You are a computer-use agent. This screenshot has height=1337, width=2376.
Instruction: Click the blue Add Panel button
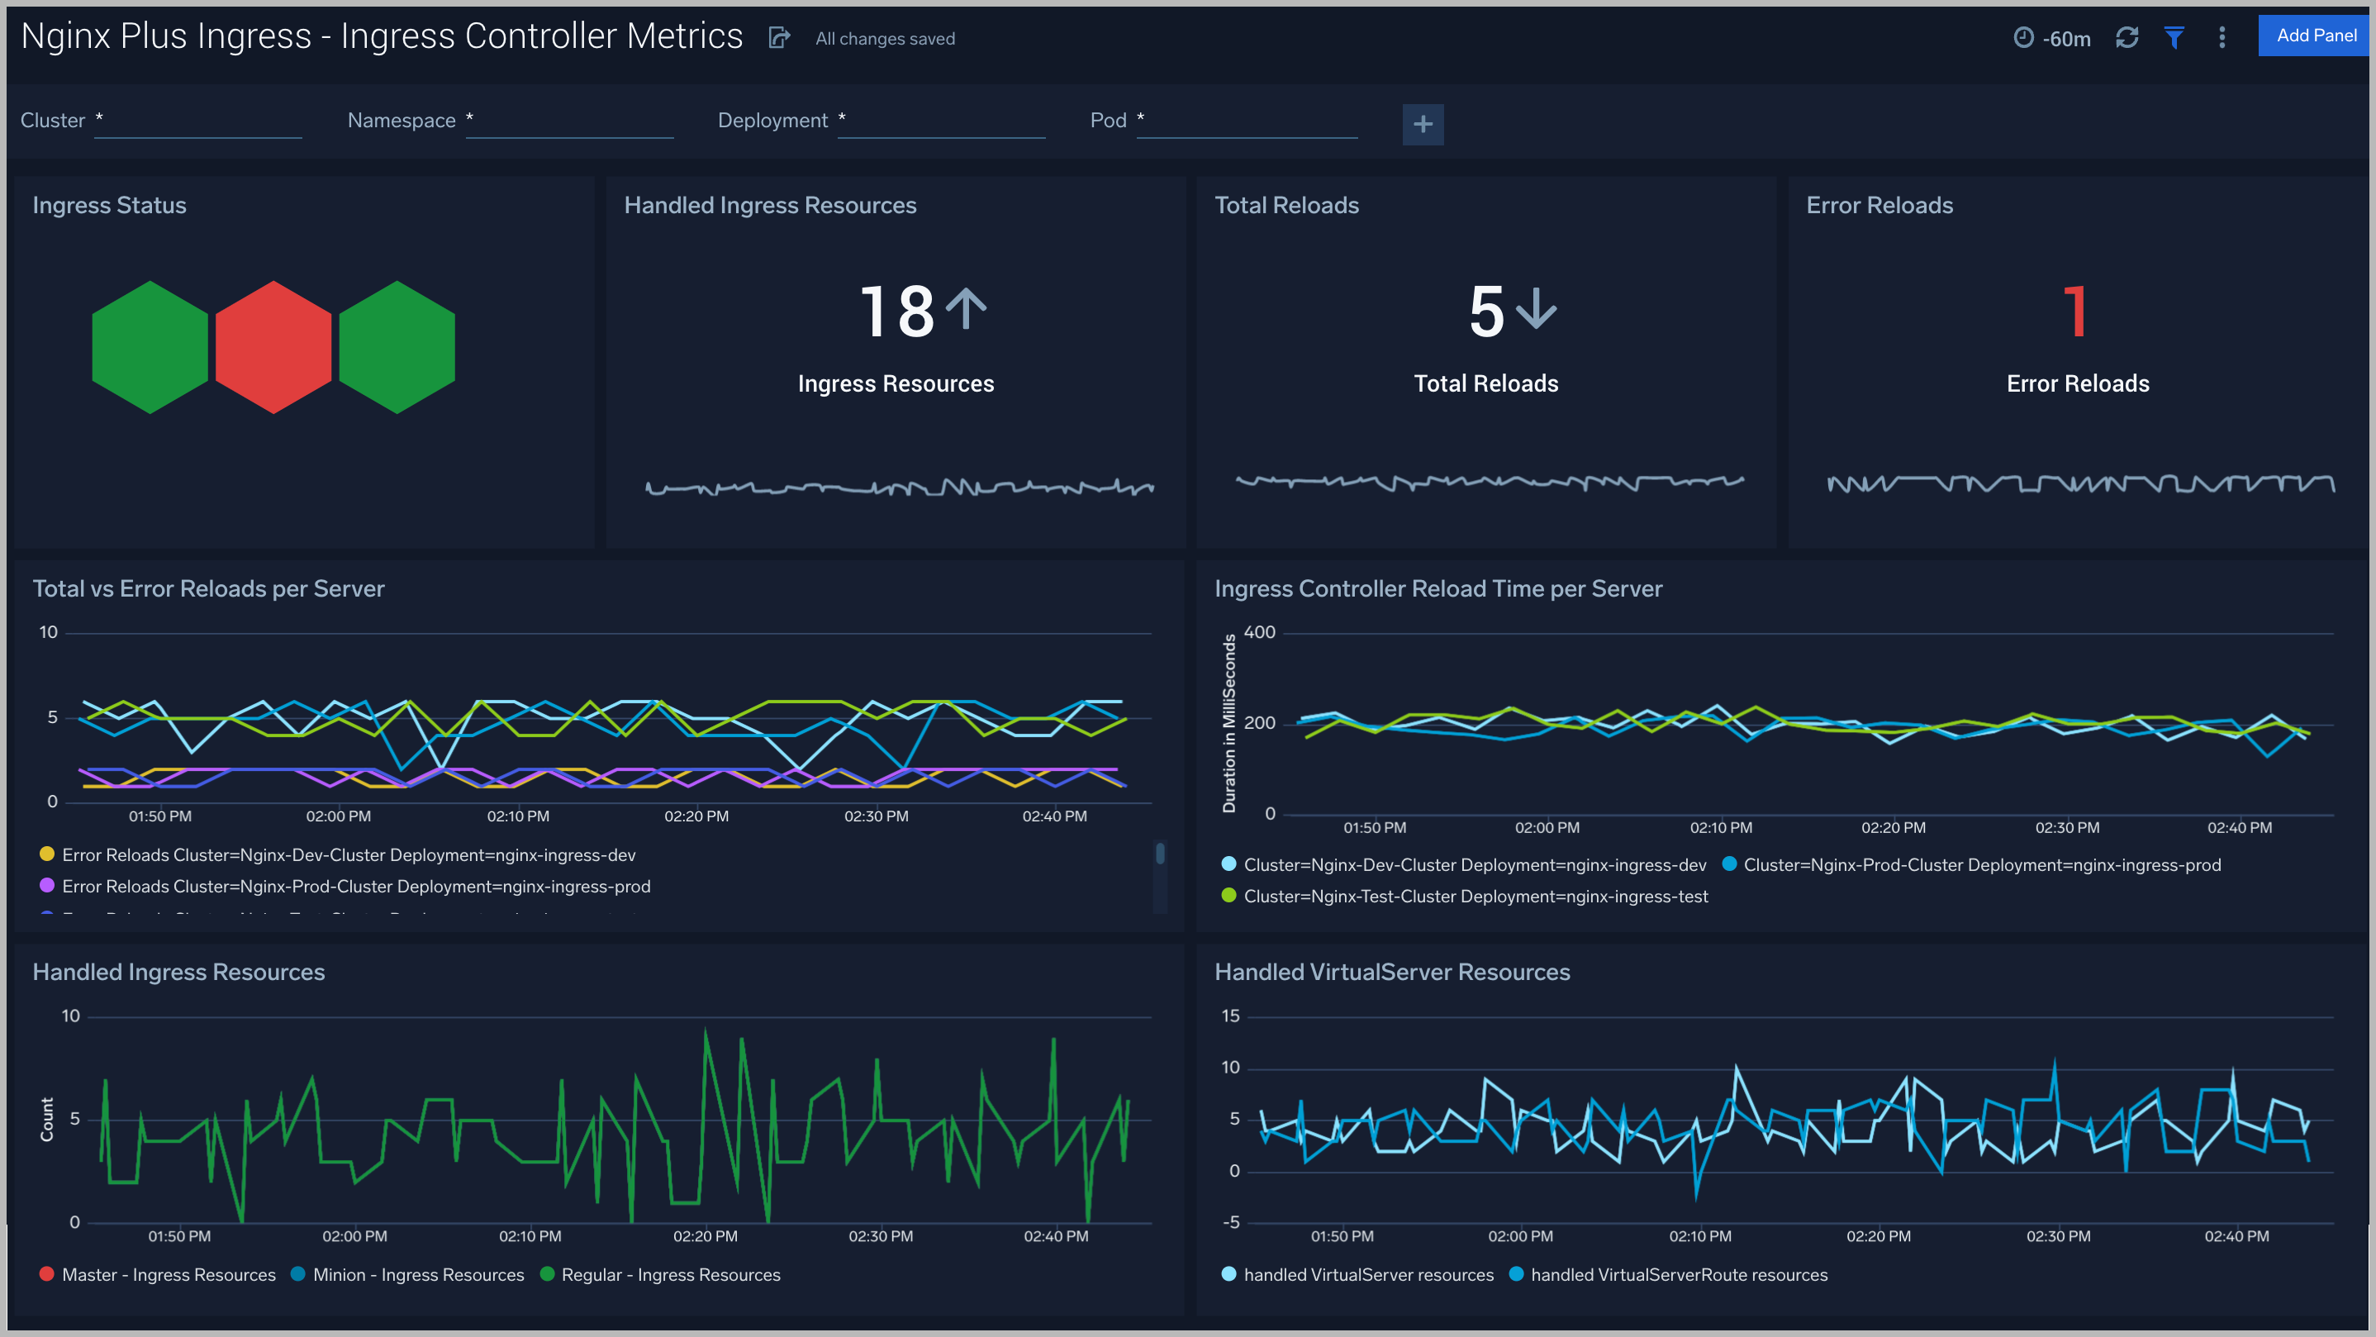[2315, 36]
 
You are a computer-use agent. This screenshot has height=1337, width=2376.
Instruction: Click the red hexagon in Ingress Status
[273, 347]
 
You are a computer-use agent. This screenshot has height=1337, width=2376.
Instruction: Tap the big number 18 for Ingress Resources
[896, 312]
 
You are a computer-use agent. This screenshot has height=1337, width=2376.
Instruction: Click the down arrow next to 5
[1537, 309]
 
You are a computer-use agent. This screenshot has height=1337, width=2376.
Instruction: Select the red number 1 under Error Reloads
[2075, 312]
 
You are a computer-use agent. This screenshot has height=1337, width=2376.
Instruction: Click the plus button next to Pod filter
[1423, 124]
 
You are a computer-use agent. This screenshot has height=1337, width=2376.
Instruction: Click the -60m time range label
[2065, 39]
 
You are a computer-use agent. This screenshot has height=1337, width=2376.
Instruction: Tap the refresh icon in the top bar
[2127, 38]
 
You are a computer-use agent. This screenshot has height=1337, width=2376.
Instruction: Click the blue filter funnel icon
[2174, 38]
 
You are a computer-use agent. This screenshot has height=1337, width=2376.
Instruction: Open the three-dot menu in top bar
[2222, 38]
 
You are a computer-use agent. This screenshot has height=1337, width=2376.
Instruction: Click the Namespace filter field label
[402, 121]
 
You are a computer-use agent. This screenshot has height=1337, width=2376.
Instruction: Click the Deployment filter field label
[772, 121]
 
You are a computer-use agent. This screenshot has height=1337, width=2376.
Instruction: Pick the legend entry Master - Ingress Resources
[168, 1274]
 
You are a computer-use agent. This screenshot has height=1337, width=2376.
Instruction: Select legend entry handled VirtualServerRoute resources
[1678, 1274]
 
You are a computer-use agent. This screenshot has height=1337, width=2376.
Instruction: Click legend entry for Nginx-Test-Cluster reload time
[1475, 896]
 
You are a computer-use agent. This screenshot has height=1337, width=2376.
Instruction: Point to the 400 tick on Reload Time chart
[1259, 632]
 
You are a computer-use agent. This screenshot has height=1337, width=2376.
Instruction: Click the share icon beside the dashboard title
[779, 38]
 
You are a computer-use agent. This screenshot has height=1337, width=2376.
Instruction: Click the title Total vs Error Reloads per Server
[208, 588]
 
